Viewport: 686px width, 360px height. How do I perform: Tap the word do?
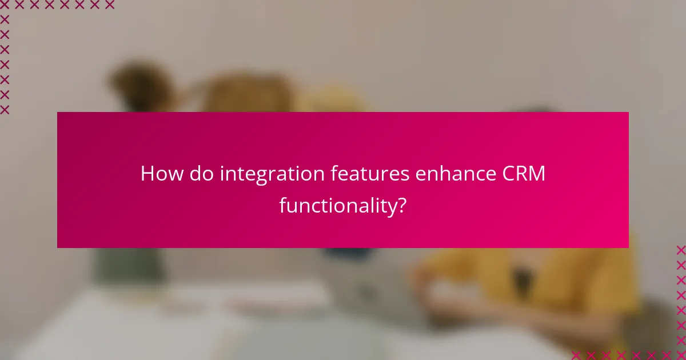click(x=200, y=173)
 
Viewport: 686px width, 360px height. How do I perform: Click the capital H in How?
click(x=147, y=173)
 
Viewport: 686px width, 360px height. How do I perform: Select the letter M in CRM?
click(x=537, y=173)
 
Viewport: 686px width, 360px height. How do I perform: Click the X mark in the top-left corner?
click(x=5, y=5)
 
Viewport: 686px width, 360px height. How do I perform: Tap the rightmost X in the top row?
click(x=109, y=5)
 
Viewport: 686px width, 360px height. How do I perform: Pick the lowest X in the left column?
click(x=5, y=109)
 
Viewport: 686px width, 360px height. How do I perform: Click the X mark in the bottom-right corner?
click(x=681, y=355)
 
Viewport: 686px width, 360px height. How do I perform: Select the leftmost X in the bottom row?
click(x=576, y=355)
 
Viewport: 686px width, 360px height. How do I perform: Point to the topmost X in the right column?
click(x=681, y=250)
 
